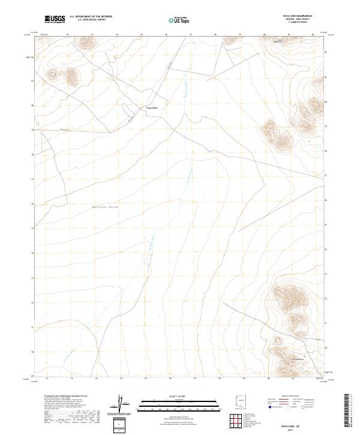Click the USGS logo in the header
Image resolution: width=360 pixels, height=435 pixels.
click(x=55, y=19)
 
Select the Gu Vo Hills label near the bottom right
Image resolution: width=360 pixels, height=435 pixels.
click(x=283, y=359)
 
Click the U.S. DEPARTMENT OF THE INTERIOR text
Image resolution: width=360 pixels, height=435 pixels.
click(x=91, y=17)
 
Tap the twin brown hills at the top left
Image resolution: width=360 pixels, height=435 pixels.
click(x=64, y=74)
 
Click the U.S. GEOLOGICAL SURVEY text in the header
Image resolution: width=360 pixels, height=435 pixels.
click(x=91, y=20)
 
